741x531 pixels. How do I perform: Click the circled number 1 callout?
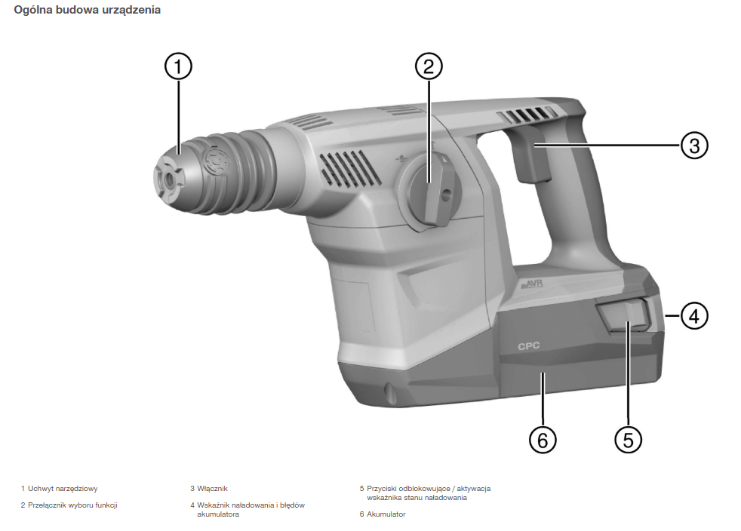[x=178, y=66]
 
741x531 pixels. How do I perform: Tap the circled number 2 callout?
[x=429, y=66]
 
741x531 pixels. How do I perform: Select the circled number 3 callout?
[x=694, y=145]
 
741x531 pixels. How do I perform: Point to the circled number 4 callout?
[x=694, y=315]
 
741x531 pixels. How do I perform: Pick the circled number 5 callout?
[x=628, y=440]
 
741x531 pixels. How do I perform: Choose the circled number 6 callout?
[x=543, y=440]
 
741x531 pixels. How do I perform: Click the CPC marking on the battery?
[x=528, y=346]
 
